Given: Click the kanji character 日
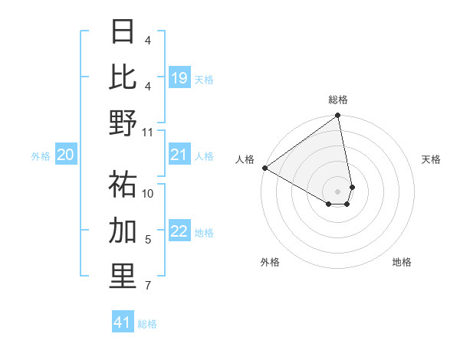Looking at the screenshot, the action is [x=123, y=31].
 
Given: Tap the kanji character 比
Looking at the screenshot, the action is [x=123, y=77].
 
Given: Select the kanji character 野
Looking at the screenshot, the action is [x=123, y=123].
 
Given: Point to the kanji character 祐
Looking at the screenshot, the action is [x=123, y=185].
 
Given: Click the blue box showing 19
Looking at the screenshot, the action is [x=179, y=77].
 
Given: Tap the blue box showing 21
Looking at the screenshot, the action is [x=179, y=155].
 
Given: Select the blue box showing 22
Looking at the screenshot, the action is [x=179, y=232].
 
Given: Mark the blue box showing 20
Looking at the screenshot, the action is [x=65, y=155].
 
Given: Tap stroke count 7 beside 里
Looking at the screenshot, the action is [x=148, y=286].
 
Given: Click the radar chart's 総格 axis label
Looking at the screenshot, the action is [x=338, y=100].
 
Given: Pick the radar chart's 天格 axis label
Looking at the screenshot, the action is [x=431, y=159].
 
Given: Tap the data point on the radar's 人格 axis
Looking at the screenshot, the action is [x=264, y=167].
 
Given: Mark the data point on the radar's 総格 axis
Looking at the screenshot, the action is [x=337, y=116].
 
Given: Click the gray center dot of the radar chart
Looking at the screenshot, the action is [x=338, y=191].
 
